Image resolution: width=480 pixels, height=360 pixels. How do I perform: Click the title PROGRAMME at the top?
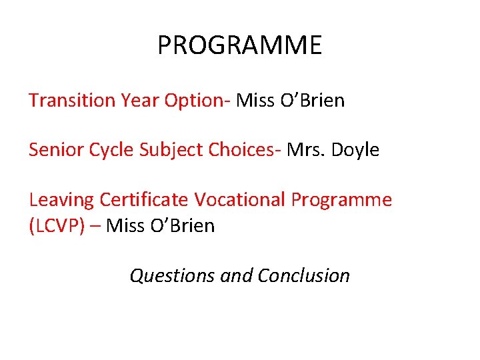pos(239,45)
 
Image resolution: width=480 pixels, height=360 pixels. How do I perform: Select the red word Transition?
pos(72,101)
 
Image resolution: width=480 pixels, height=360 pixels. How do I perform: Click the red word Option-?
pos(197,101)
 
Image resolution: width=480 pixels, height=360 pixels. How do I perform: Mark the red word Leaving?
pos(61,199)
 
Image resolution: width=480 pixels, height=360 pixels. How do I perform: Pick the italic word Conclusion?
pos(303,275)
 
